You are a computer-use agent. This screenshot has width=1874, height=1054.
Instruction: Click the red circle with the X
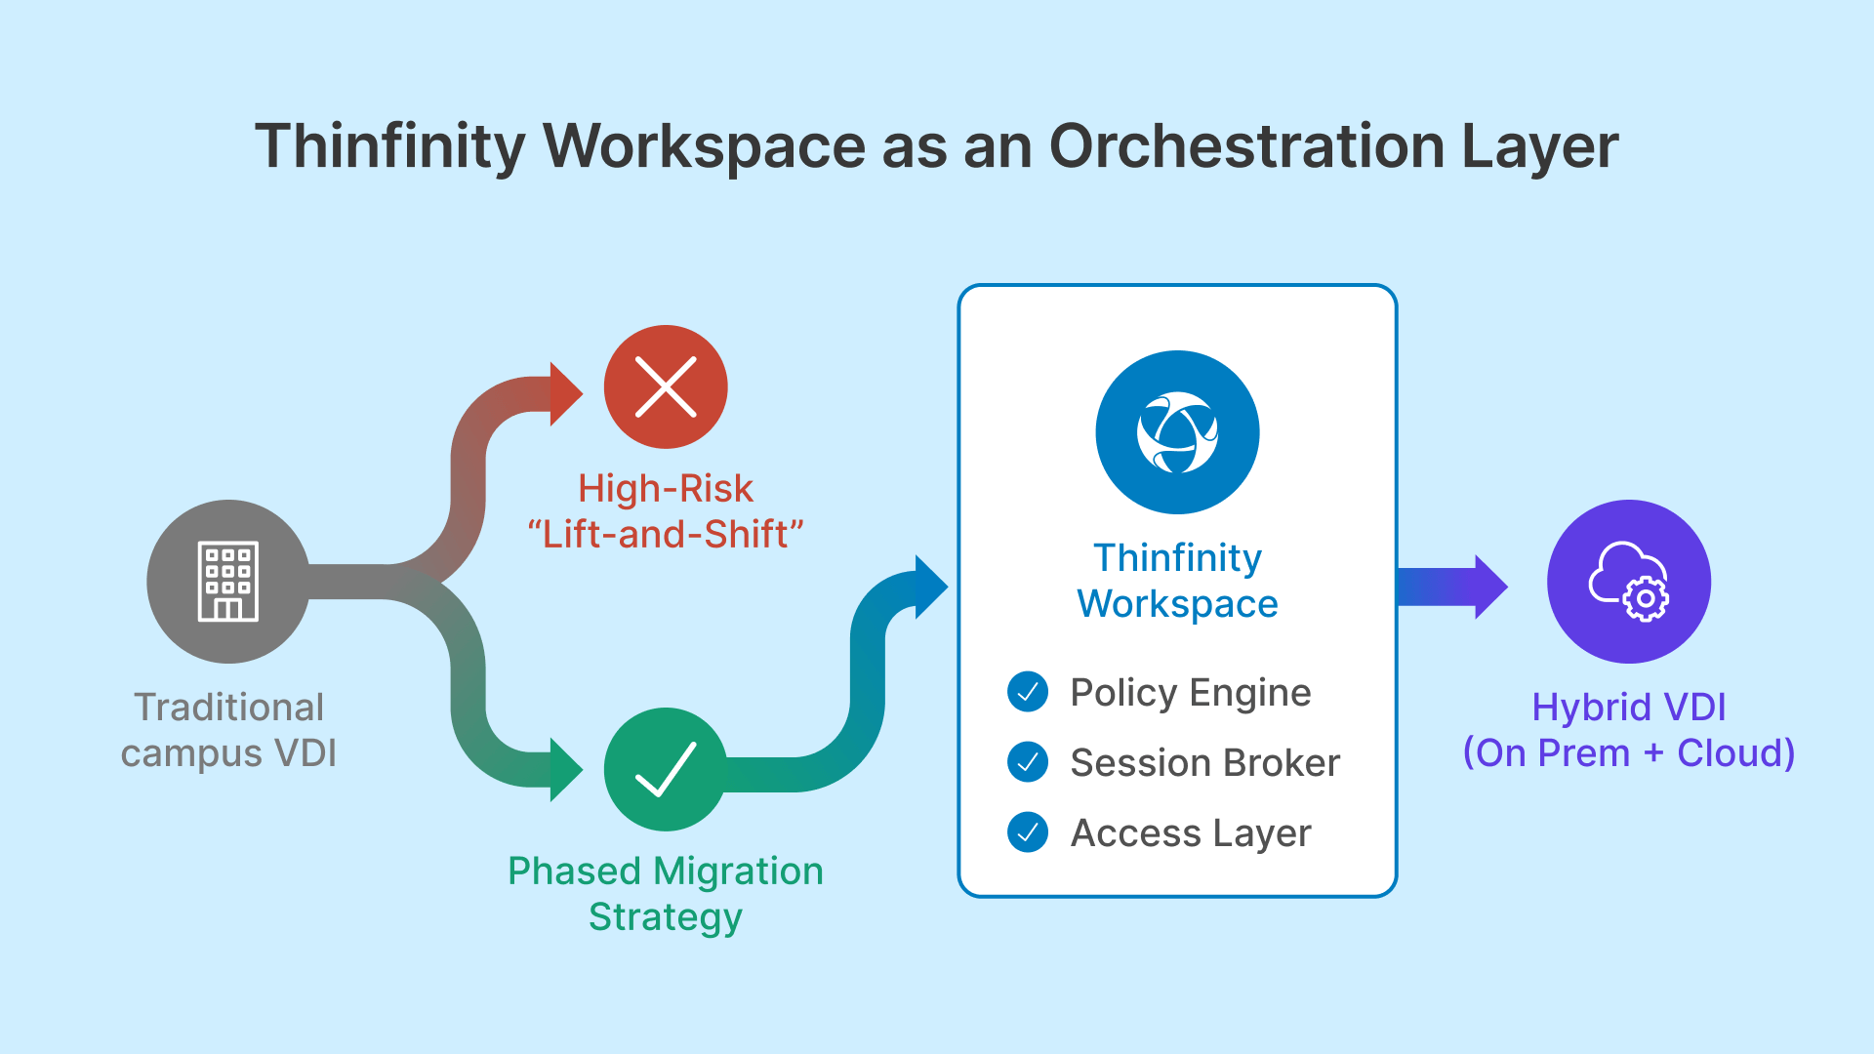pos(666,387)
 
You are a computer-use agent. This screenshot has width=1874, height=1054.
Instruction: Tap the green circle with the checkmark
pos(666,769)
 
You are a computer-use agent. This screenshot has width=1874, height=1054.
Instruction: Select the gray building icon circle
pos(228,582)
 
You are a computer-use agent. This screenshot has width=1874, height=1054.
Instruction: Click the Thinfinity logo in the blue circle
pos(1177,432)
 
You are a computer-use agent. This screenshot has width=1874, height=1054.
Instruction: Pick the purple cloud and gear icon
pos(1628,582)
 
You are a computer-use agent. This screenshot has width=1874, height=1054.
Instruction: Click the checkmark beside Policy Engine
pos(1028,692)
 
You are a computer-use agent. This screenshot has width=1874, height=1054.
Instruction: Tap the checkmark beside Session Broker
pos(1028,762)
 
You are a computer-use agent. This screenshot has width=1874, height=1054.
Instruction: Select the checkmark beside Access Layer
pos(1028,832)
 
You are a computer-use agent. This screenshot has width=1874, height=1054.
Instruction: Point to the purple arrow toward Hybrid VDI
pos(1452,587)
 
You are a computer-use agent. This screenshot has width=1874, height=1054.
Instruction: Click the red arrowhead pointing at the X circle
pos(564,394)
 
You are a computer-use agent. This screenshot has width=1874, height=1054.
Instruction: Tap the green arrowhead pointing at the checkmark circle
pos(564,770)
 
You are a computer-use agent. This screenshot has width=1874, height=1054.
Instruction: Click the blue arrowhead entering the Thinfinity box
pos(930,588)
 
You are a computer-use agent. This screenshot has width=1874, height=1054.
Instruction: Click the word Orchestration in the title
pos(1246,146)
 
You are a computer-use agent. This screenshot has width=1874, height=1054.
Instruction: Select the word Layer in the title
pos(1540,146)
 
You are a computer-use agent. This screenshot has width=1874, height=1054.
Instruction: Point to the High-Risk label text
pos(666,488)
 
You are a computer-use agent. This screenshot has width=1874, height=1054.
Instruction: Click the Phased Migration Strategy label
pos(666,894)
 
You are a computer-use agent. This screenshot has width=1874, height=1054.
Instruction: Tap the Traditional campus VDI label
pos(228,730)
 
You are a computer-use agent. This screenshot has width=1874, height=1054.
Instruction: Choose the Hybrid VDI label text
pos(1628,707)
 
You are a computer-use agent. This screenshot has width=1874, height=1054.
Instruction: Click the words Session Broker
pos(1205,763)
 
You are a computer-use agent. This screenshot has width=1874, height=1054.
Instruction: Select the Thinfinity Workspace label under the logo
pos(1177,581)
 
